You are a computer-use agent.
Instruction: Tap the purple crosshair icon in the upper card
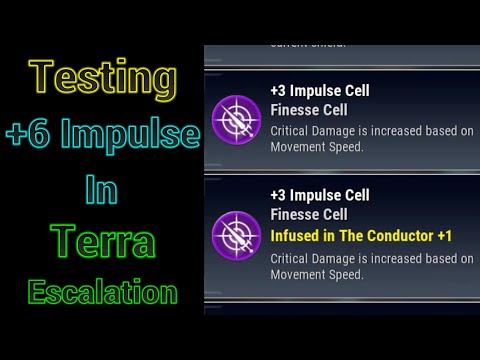coord(237,118)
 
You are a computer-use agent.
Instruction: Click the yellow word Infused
coord(297,236)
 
